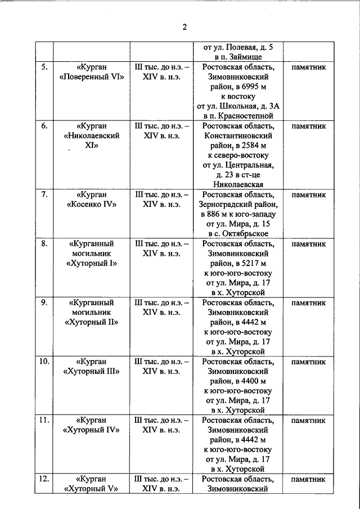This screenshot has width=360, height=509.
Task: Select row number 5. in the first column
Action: pos(44,67)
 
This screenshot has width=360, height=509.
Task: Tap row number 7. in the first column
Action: pos(44,195)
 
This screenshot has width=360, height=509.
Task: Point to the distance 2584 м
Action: pos(251,146)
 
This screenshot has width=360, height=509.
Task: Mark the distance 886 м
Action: pos(215,214)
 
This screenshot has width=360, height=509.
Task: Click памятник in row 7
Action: pos(308,195)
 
